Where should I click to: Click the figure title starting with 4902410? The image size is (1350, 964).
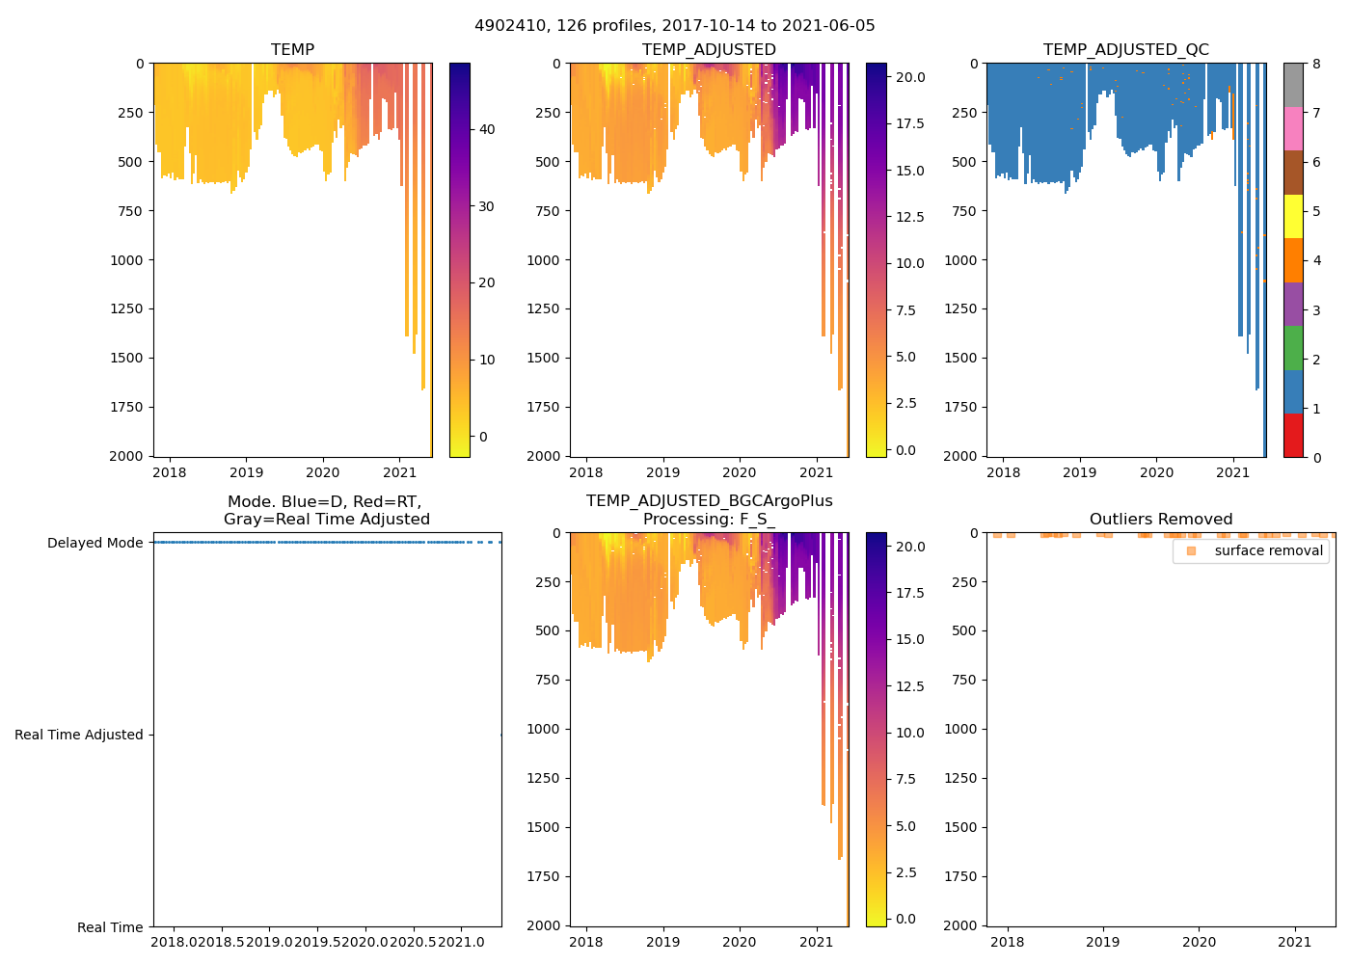[674, 26]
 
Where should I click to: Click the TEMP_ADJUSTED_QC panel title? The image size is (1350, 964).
[1125, 50]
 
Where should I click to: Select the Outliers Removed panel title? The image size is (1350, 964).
[1160, 520]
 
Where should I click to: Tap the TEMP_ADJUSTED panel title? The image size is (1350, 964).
[709, 50]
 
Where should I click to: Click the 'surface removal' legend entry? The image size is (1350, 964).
[1268, 550]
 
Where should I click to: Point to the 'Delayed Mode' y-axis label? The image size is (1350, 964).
[94, 543]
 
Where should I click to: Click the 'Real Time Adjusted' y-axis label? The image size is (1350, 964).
[79, 735]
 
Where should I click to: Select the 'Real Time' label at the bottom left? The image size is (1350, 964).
[110, 927]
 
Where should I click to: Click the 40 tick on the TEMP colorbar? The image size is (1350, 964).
[487, 130]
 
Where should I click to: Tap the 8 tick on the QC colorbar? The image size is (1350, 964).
[1317, 65]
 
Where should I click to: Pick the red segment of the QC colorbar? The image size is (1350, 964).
[1293, 435]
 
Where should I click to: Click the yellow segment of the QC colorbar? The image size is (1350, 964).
[1293, 216]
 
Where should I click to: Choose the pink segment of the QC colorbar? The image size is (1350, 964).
[1293, 128]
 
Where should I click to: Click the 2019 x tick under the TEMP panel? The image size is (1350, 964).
[246, 472]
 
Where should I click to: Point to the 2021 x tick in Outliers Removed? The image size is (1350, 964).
[1295, 942]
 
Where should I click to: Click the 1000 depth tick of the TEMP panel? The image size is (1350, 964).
[125, 260]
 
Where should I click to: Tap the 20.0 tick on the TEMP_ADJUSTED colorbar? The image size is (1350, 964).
[911, 77]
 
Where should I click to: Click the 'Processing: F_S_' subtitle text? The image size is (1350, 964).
[709, 520]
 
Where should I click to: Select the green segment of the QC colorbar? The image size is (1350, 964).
[1293, 347]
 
